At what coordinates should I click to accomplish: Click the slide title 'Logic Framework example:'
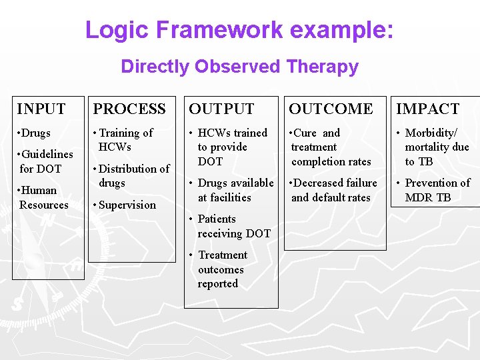(x=239, y=30)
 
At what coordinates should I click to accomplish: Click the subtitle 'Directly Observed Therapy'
(x=239, y=67)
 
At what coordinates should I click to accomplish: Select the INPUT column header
(x=41, y=109)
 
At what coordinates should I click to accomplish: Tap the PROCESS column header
(x=129, y=109)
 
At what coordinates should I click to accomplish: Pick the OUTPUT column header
(x=221, y=109)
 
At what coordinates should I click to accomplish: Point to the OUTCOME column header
(x=331, y=109)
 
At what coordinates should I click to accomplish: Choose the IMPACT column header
(x=427, y=109)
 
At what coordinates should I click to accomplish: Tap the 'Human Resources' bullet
(x=43, y=197)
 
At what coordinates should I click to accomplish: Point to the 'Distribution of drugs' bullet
(x=133, y=175)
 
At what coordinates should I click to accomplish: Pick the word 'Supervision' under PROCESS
(x=127, y=205)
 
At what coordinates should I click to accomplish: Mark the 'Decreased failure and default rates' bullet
(x=333, y=189)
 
